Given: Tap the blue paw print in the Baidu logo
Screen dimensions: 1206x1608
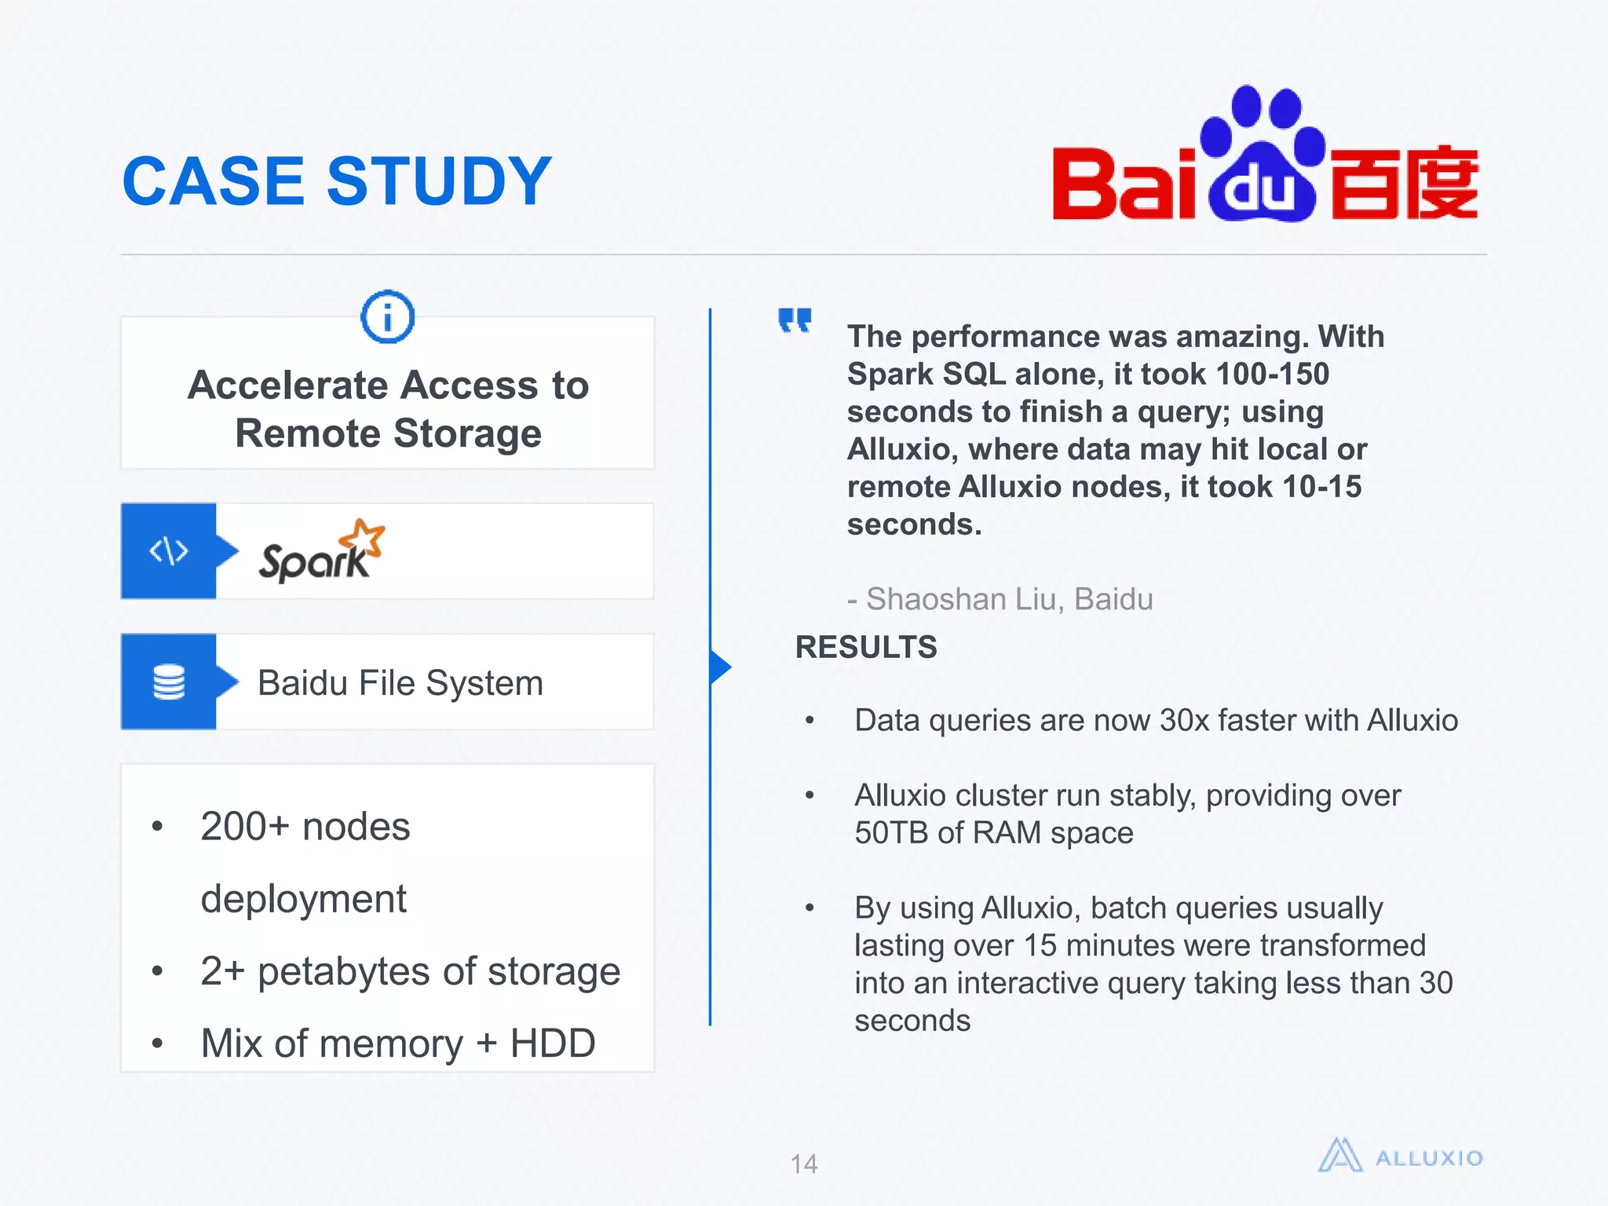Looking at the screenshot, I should coord(1263,154).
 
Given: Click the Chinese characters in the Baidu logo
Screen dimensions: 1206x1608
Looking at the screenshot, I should coord(1404,182).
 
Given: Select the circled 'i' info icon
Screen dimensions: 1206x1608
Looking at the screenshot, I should coord(387,317).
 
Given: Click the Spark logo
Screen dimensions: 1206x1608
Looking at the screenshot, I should coord(321,552).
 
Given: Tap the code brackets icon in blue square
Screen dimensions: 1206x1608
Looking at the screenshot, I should coord(169,551).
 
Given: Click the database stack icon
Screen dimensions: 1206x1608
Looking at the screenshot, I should coord(169,682).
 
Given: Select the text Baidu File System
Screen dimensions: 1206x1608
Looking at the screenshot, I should coord(400,683).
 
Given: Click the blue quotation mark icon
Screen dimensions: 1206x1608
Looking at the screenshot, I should coord(795,320).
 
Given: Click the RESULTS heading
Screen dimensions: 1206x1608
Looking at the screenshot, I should coord(866,647).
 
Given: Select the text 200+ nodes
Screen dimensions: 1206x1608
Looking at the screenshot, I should coord(305,827).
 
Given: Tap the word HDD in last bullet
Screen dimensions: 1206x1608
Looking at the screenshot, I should coord(553,1043).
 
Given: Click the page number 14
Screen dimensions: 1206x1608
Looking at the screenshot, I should coord(803,1164).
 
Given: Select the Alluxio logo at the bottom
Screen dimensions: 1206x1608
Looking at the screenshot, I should coord(1400,1157).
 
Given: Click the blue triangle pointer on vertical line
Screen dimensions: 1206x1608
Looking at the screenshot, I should coord(719,667).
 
